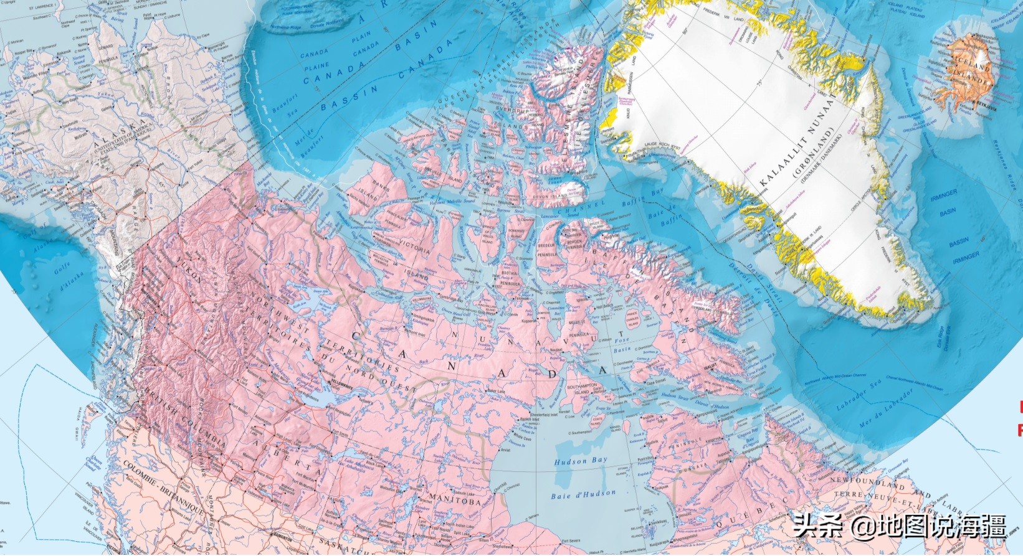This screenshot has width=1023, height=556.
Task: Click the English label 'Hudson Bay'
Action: pos(580,461)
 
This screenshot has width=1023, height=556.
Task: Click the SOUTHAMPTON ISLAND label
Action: pos(583,390)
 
